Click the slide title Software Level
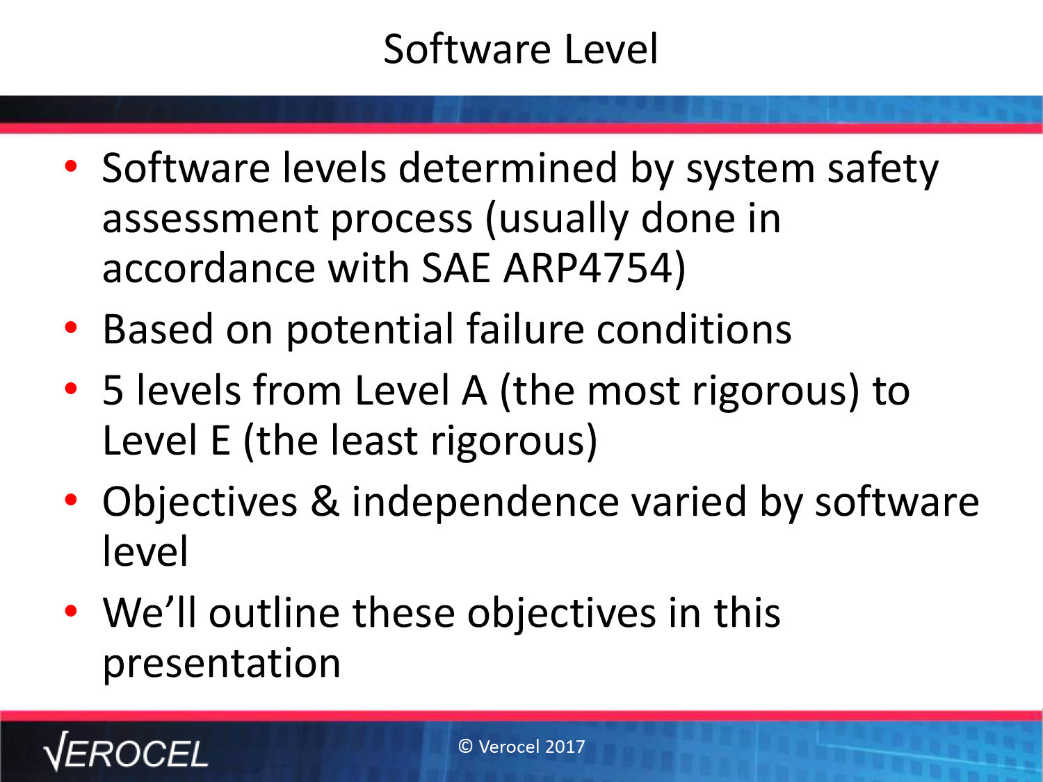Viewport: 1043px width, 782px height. click(521, 49)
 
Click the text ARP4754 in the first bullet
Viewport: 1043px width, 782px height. click(589, 268)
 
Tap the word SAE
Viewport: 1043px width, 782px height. click(456, 268)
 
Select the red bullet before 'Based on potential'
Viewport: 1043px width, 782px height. click(71, 327)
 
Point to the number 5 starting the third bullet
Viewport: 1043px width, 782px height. click(113, 390)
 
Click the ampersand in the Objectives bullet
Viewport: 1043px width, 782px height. click(325, 501)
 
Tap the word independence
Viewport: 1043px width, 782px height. click(485, 503)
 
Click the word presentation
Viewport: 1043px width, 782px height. click(221, 664)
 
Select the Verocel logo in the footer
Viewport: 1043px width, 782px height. click(126, 751)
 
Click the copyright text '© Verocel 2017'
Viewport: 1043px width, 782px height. click(521, 747)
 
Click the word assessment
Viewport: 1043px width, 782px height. click(210, 220)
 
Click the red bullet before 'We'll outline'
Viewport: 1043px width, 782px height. click(71, 611)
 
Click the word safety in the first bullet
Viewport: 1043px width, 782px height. click(883, 170)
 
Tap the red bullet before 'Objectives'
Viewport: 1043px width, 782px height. click(71, 500)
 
